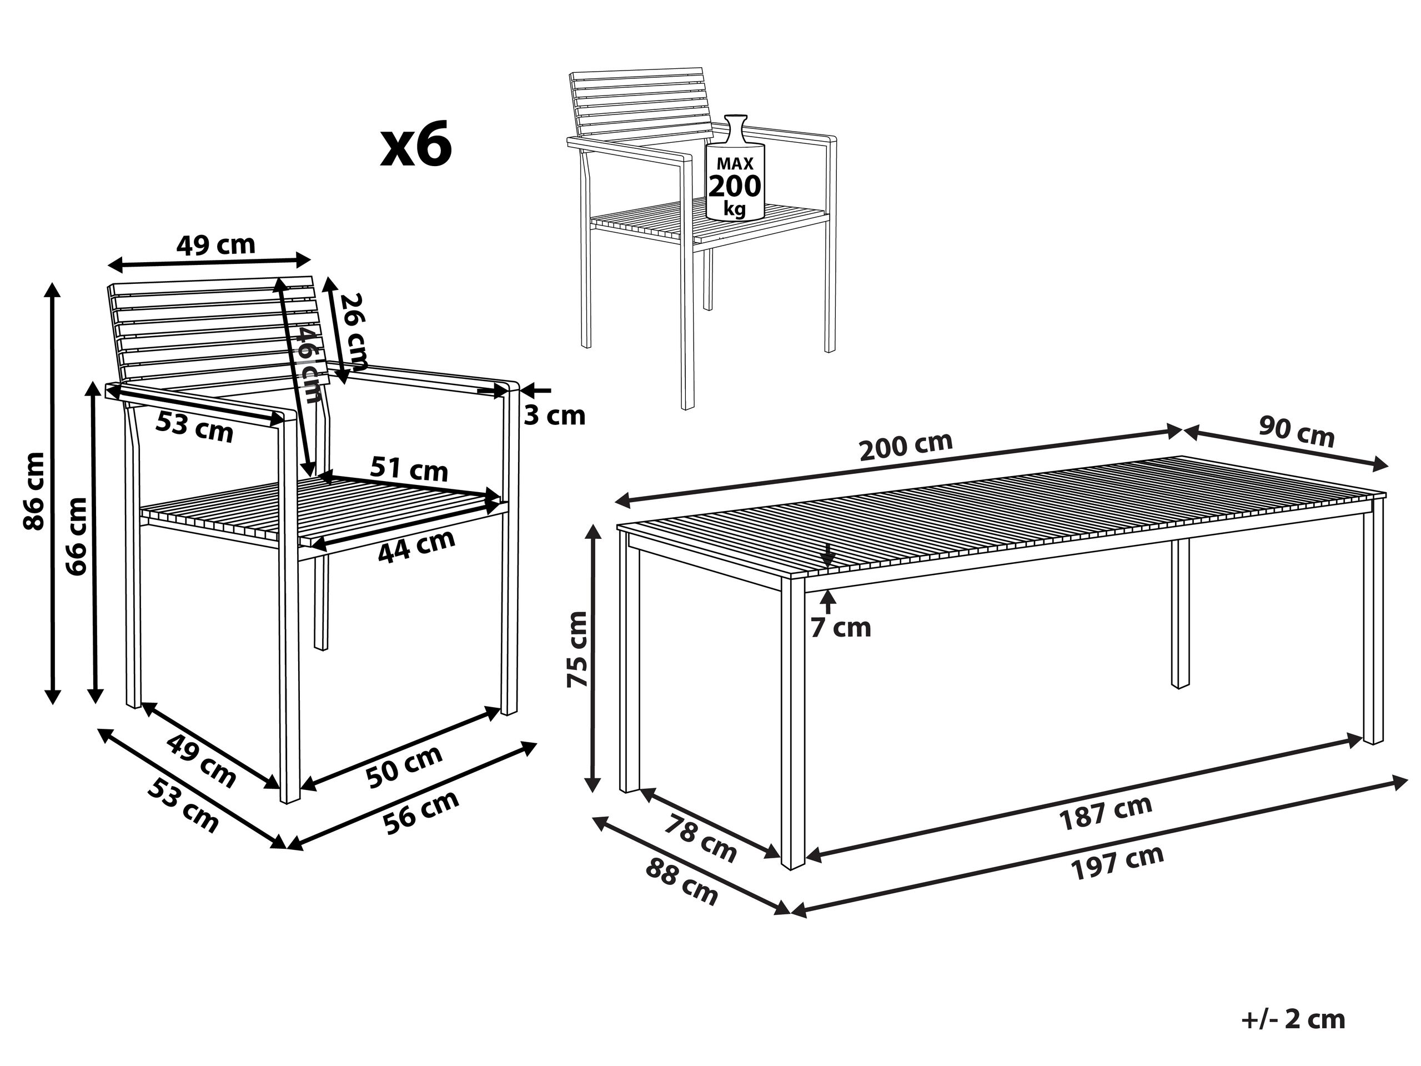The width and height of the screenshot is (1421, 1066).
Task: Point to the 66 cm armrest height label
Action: (77, 536)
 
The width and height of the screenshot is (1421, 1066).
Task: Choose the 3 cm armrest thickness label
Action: (554, 416)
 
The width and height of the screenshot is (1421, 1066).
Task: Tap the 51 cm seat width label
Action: (409, 469)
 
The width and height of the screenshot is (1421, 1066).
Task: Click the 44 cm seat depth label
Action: (416, 546)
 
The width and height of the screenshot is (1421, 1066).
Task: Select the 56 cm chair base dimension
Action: (421, 812)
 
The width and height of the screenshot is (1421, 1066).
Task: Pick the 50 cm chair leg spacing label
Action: (404, 766)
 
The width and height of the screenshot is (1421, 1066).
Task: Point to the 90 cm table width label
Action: (1297, 433)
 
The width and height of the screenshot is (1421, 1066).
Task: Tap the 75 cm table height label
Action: (577, 649)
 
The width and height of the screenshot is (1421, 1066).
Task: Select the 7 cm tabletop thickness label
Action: (840, 628)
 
